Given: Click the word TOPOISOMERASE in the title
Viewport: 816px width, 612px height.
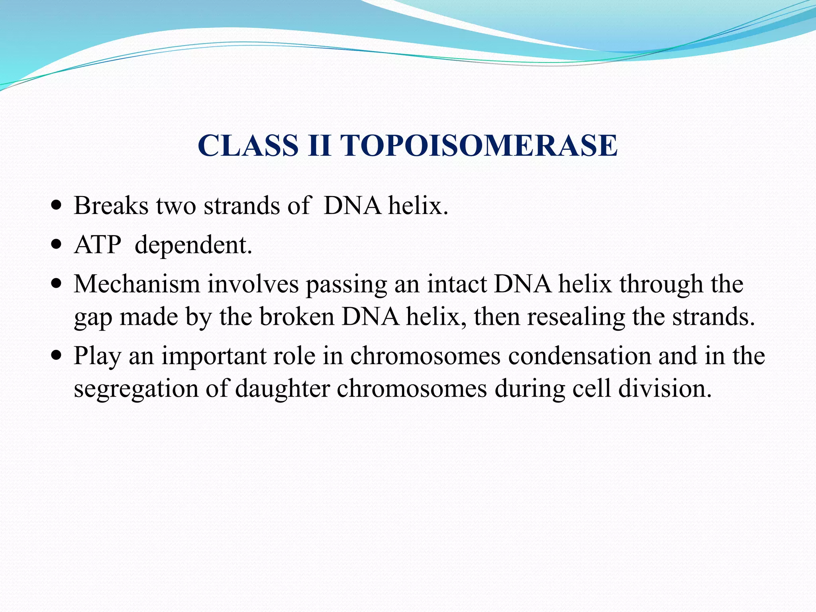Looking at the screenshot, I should (x=479, y=145).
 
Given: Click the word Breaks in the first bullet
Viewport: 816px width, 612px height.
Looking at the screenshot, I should (x=111, y=206).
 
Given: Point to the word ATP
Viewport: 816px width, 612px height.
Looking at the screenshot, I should (x=98, y=245).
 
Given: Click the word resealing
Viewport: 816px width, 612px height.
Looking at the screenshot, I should (x=576, y=317).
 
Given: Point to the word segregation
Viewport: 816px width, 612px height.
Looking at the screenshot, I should (x=136, y=389).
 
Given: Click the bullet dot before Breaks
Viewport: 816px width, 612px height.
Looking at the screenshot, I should (x=57, y=206).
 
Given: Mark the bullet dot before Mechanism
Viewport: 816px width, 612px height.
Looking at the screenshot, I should (x=57, y=284).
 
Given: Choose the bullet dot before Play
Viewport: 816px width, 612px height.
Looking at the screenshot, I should (x=57, y=355).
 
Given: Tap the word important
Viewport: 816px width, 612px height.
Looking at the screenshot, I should (x=214, y=356).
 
